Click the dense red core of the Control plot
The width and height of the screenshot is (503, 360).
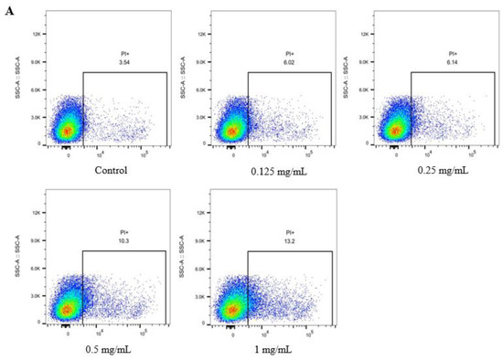point(67,131)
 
